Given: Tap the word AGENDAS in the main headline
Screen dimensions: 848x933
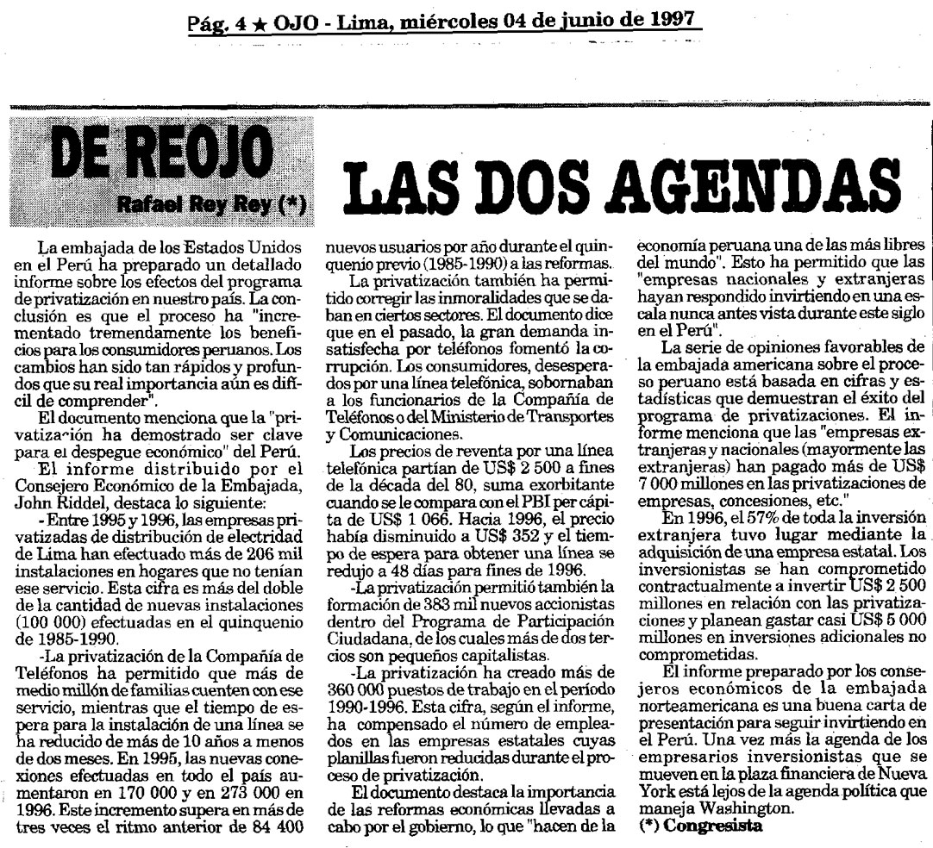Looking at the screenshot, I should point(730,184).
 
